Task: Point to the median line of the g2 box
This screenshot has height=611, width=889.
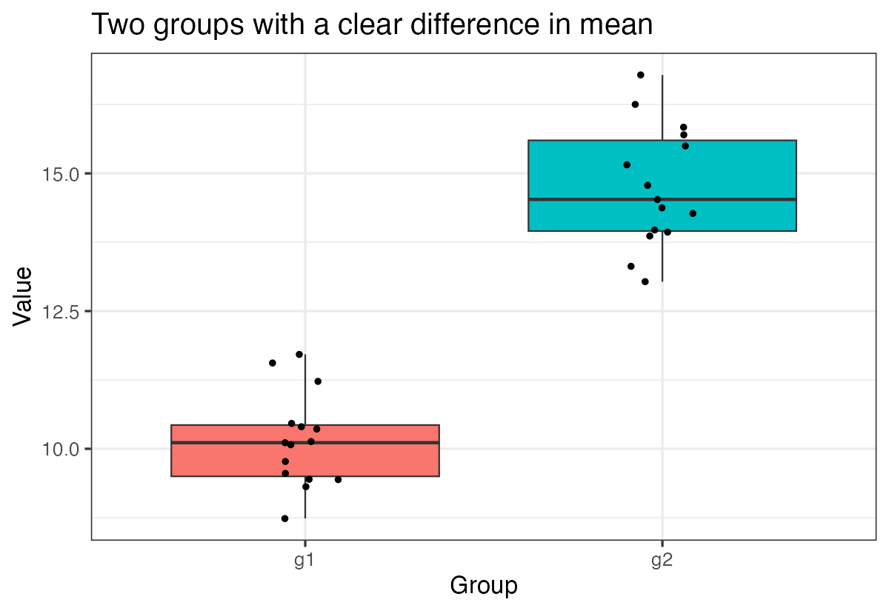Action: pyautogui.click(x=741, y=199)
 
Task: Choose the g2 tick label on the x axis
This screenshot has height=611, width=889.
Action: pyautogui.click(x=662, y=561)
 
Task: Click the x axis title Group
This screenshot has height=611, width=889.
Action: pyautogui.click(x=483, y=586)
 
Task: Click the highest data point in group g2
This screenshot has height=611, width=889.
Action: pyautogui.click(x=641, y=75)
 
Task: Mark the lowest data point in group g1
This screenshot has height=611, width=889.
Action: pyautogui.click(x=284, y=518)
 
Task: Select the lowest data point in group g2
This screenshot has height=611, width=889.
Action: pyautogui.click(x=645, y=281)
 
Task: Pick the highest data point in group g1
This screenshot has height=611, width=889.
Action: pyautogui.click(x=299, y=354)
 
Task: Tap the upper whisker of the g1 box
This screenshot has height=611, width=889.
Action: pyautogui.click(x=305, y=389)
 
